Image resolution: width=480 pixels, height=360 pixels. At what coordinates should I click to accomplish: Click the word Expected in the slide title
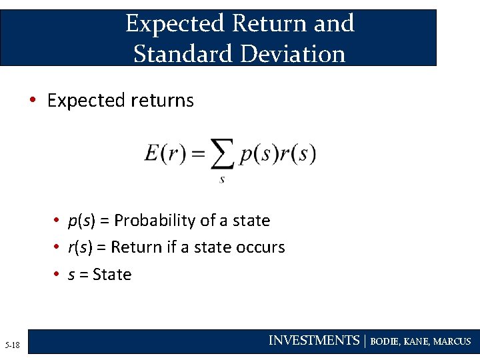click(175, 24)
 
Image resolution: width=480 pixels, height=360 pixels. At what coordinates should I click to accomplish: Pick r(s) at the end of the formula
click(297, 155)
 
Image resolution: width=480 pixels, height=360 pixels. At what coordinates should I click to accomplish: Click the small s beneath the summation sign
click(221, 179)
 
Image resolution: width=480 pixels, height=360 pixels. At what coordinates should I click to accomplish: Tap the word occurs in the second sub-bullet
click(260, 247)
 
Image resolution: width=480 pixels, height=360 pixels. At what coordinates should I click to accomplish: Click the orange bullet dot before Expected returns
click(31, 101)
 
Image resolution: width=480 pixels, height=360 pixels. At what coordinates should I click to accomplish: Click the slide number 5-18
click(12, 345)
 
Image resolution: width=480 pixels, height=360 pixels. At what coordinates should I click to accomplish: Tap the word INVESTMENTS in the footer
click(313, 341)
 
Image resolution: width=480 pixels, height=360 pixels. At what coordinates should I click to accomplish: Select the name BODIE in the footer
click(384, 341)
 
